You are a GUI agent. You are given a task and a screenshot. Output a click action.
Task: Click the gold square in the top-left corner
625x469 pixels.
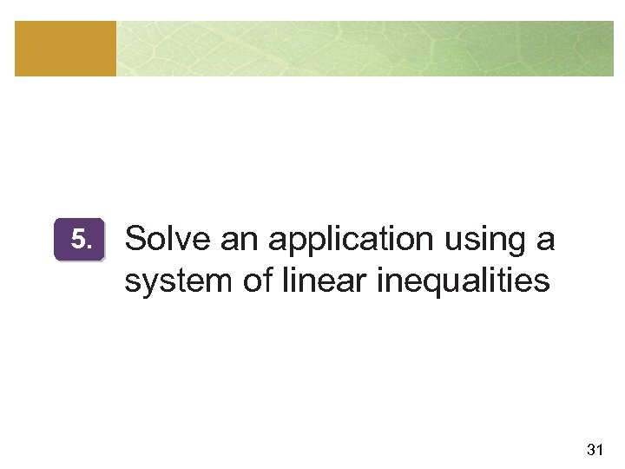coord(65,49)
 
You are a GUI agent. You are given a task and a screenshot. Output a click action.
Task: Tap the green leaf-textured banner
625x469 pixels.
coord(365,49)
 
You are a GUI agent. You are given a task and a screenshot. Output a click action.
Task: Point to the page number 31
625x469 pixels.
coord(595,449)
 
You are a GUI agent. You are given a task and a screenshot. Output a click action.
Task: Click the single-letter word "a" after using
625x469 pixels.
coord(545,240)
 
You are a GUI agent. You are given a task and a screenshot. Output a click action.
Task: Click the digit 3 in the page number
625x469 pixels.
coord(590,449)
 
